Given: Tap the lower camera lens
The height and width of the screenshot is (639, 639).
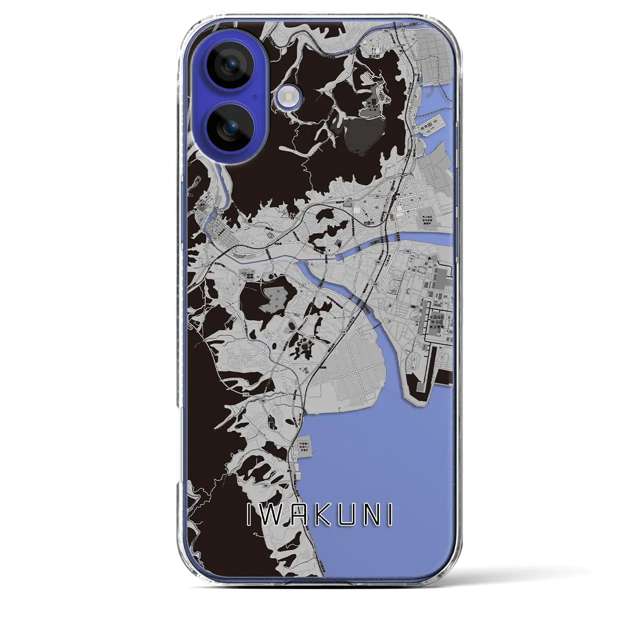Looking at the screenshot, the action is click(x=230, y=127).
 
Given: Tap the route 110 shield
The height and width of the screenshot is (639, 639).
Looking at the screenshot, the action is click(x=407, y=251).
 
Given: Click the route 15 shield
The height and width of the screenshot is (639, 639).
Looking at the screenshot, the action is click(x=303, y=286).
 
